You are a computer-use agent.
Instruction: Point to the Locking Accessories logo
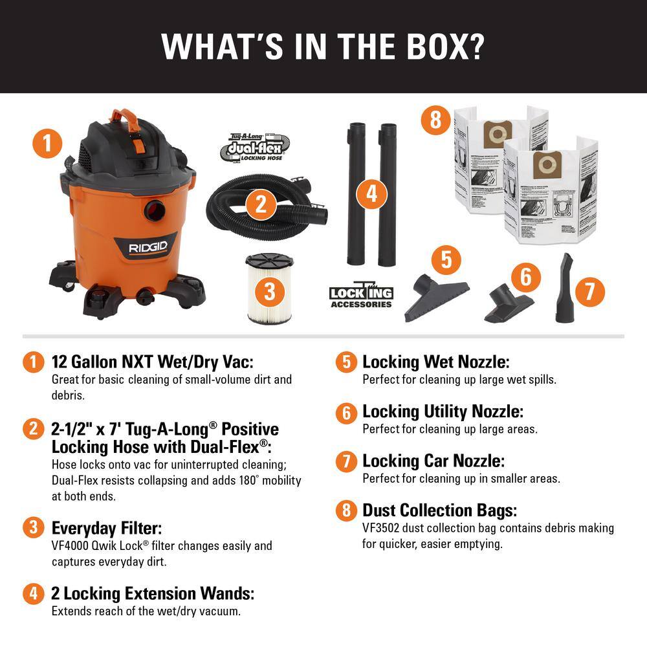pyautogui.click(x=360, y=296)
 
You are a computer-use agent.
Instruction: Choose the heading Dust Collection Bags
pyautogui.click(x=439, y=510)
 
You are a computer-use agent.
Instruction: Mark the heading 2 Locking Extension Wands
pyautogui.click(x=153, y=593)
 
